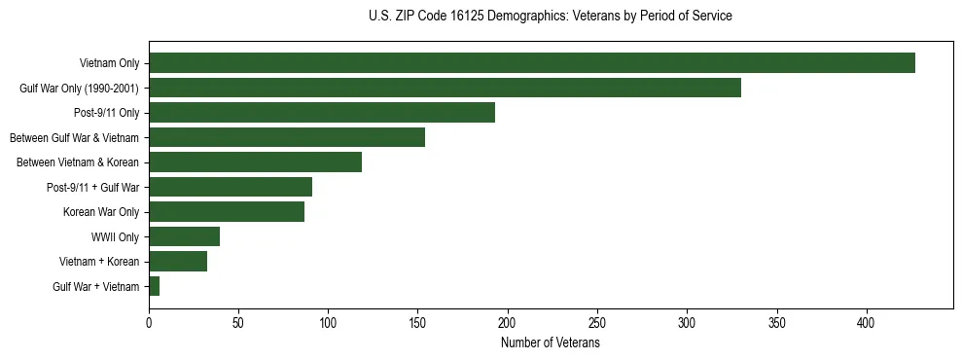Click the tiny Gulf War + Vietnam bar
154,286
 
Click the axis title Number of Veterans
550,342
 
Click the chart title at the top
550,17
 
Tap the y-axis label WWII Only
115,236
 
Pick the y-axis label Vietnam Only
109,63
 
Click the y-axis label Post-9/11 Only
106,113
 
